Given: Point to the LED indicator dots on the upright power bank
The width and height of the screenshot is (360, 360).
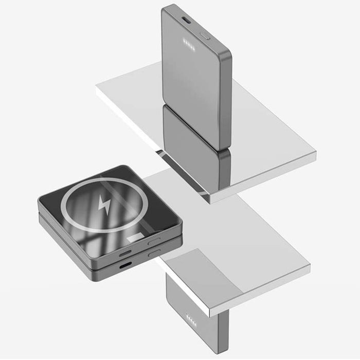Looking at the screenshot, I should [x=186, y=43].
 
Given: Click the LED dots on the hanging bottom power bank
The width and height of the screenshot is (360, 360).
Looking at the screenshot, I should [x=191, y=317].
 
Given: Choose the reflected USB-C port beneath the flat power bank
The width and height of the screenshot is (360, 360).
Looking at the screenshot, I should [x=125, y=266].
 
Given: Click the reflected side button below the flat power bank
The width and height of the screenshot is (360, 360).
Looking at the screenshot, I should [x=155, y=254].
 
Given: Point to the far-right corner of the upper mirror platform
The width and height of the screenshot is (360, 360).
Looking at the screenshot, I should [x=315, y=152].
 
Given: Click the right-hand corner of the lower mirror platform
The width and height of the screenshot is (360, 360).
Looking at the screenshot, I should [x=310, y=266].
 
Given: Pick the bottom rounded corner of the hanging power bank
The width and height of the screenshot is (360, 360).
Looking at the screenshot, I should [x=219, y=352].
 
